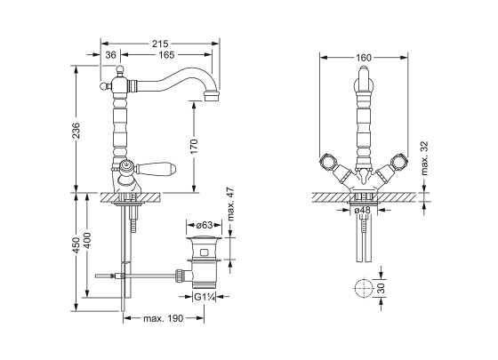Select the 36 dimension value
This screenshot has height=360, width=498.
(x=111, y=55)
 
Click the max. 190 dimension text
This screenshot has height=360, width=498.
(x=163, y=317)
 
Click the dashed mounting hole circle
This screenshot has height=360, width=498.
(x=362, y=288)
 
